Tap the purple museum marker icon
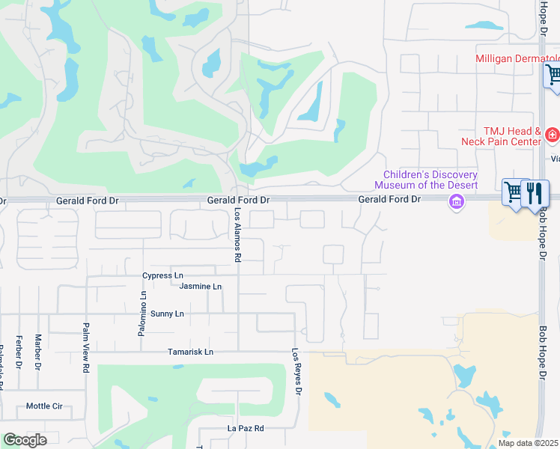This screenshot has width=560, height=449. click(456, 201)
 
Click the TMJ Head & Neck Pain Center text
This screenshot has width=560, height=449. click(501, 136)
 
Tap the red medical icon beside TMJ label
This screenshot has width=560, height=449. click(552, 135)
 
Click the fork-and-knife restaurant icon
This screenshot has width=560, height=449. click(535, 193)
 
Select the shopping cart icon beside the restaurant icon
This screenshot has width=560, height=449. click(514, 192)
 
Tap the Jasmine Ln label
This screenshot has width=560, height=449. click(201, 287)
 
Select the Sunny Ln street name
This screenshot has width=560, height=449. click(167, 314)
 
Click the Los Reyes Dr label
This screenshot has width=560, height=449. click(297, 372)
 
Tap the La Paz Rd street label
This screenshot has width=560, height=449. click(246, 429)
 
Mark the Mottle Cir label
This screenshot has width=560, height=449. click(44, 406)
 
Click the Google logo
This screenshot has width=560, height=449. click(24, 440)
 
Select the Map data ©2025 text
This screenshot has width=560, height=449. click(527, 443)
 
